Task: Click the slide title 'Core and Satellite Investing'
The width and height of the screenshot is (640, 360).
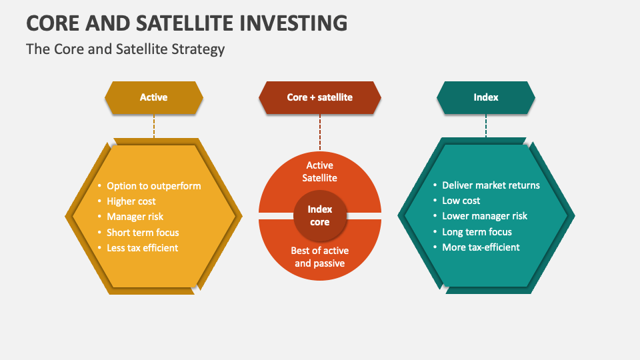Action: pyautogui.click(x=187, y=22)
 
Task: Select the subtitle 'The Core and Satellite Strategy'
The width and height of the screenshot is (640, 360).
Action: pyautogui.click(x=125, y=49)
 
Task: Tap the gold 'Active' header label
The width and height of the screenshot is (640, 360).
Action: pyautogui.click(x=153, y=97)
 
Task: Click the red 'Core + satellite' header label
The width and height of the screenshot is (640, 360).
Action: pyautogui.click(x=320, y=97)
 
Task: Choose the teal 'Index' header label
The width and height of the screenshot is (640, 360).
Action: pyautogui.click(x=486, y=97)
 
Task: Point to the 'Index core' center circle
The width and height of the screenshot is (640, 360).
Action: pyautogui.click(x=320, y=215)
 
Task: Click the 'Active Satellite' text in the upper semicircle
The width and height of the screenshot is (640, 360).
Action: pyautogui.click(x=320, y=171)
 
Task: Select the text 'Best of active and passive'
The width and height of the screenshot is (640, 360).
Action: pyautogui.click(x=320, y=257)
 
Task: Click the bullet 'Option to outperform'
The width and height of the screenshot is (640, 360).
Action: pyautogui.click(x=153, y=186)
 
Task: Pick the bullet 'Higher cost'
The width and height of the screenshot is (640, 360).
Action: pyautogui.click(x=131, y=201)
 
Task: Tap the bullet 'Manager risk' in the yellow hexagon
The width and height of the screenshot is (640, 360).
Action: pyautogui.click(x=135, y=217)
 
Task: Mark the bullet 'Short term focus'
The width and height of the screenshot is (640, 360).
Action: pyautogui.click(x=143, y=233)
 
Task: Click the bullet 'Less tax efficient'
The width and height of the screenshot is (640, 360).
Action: pyautogui.click(x=143, y=248)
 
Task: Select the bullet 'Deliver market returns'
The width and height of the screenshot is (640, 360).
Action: pyautogui.click(x=491, y=185)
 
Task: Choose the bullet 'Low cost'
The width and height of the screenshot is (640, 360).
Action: pyautogui.click(x=461, y=201)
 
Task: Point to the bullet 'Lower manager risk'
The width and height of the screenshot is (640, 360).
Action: pyautogui.click(x=485, y=216)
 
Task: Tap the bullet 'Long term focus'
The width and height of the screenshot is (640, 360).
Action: pyautogui.click(x=477, y=232)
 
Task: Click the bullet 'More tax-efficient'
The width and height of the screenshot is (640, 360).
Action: pyautogui.click(x=481, y=247)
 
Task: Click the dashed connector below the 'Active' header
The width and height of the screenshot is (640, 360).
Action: pyautogui.click(x=154, y=125)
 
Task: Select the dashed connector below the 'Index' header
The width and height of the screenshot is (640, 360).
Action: pyautogui.click(x=486, y=125)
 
